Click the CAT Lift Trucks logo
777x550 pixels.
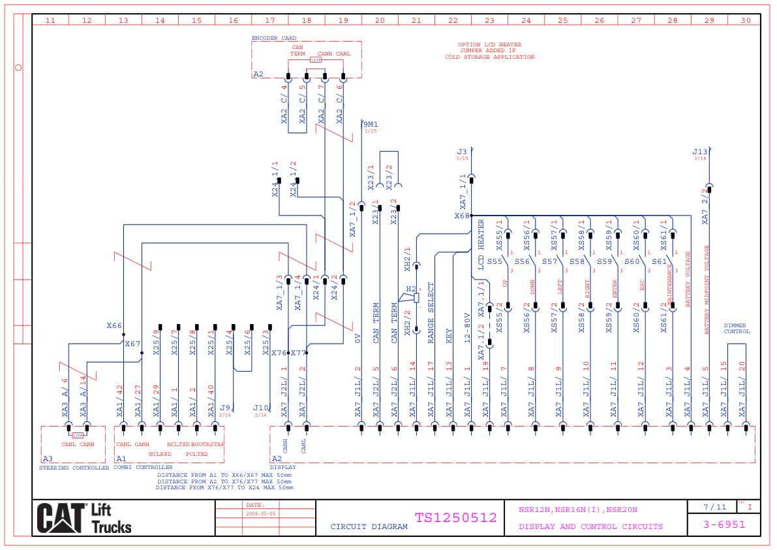pos(84,518)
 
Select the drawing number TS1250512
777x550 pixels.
pos(455,518)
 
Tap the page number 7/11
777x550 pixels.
pos(714,507)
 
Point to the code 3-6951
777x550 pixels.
pos(724,525)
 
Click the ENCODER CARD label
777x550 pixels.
pos(273,39)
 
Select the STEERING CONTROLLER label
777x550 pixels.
pos(74,468)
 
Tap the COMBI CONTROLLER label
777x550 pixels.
pos(143,468)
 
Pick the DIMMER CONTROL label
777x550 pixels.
pos(737,329)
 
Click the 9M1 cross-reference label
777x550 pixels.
pos(370,124)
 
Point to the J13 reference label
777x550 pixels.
pos(699,152)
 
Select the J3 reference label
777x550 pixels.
pos(462,152)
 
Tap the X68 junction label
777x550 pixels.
pos(462,216)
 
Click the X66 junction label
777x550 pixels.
pos(114,325)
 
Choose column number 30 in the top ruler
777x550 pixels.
pos(746,20)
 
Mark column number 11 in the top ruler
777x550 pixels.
pos(50,20)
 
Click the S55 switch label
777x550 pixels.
pos(495,262)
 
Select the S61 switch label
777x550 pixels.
pos(660,262)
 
